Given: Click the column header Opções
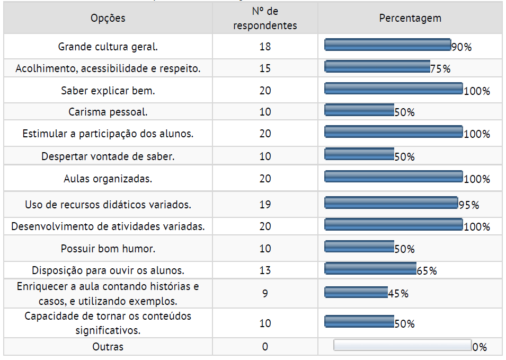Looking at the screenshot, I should (x=108, y=18).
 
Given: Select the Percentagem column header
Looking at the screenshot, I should (x=410, y=18).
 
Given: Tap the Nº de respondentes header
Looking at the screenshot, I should (x=265, y=19).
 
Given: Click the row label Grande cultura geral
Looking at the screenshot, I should (x=108, y=47).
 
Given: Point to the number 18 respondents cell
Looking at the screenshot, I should (x=265, y=47).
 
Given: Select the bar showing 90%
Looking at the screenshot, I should (x=387, y=45).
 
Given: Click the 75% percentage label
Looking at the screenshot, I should (x=440, y=69).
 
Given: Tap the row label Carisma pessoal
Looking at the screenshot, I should (x=108, y=112).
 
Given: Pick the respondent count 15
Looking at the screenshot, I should (x=265, y=68).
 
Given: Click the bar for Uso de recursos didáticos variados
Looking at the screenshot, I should (x=390, y=203).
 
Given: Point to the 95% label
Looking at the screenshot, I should (x=469, y=205).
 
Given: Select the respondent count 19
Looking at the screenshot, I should (x=265, y=205).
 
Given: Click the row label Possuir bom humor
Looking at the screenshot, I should (x=108, y=249).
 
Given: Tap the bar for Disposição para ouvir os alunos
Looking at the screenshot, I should (x=370, y=268).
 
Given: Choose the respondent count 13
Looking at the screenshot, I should (x=265, y=270).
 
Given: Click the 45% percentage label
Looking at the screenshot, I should (x=398, y=294).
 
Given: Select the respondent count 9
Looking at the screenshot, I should (x=265, y=293).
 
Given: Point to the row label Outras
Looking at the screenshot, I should (x=108, y=347).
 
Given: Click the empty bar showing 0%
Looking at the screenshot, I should (x=402, y=345).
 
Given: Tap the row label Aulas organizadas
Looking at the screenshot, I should (x=108, y=179).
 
